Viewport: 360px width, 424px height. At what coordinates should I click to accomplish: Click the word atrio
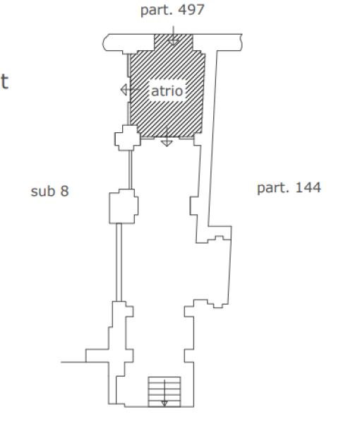coord(167,90)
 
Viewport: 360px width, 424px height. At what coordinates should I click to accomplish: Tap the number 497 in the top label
coord(191,10)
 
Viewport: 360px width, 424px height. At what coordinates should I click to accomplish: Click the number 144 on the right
coord(308,187)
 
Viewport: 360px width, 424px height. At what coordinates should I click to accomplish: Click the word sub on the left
coord(43,191)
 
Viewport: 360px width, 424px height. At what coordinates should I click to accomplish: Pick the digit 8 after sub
coord(64,191)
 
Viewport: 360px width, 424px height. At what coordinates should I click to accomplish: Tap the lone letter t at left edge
coord(5,81)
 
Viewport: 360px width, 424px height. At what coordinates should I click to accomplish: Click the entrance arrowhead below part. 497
coord(174,42)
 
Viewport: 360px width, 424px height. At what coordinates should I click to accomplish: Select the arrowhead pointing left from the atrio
coord(124,90)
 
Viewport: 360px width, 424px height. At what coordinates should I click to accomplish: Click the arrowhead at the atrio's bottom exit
coord(167,143)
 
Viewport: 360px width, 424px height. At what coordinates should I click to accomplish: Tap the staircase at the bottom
coord(164,391)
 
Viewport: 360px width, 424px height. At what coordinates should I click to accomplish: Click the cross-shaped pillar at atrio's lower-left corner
coord(128,138)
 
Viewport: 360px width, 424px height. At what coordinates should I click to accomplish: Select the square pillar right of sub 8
coord(124,206)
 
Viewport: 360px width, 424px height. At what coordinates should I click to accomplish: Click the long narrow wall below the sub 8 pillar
coord(119,262)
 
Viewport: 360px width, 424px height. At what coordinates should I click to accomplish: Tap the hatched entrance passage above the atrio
coord(174,42)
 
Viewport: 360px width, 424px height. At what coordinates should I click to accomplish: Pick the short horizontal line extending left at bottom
coord(73,362)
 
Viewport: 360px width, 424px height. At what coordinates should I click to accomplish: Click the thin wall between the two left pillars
coord(130,170)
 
